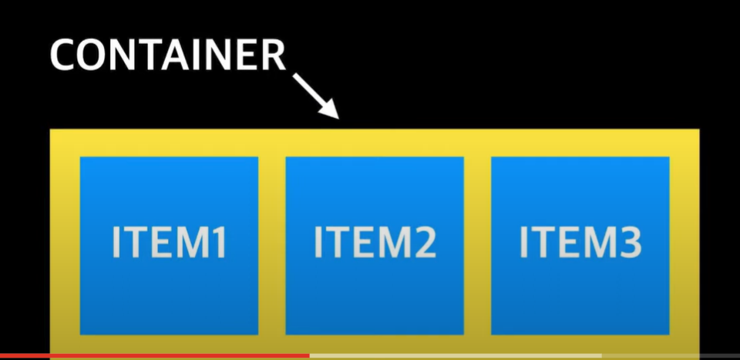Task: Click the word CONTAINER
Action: [168, 56]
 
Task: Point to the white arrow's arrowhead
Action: [331, 112]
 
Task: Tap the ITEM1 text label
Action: [169, 243]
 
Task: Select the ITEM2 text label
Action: [375, 243]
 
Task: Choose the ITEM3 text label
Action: [580, 243]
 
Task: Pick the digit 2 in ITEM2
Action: [423, 243]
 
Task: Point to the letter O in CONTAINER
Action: [91, 56]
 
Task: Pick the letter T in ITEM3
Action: [543, 243]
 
